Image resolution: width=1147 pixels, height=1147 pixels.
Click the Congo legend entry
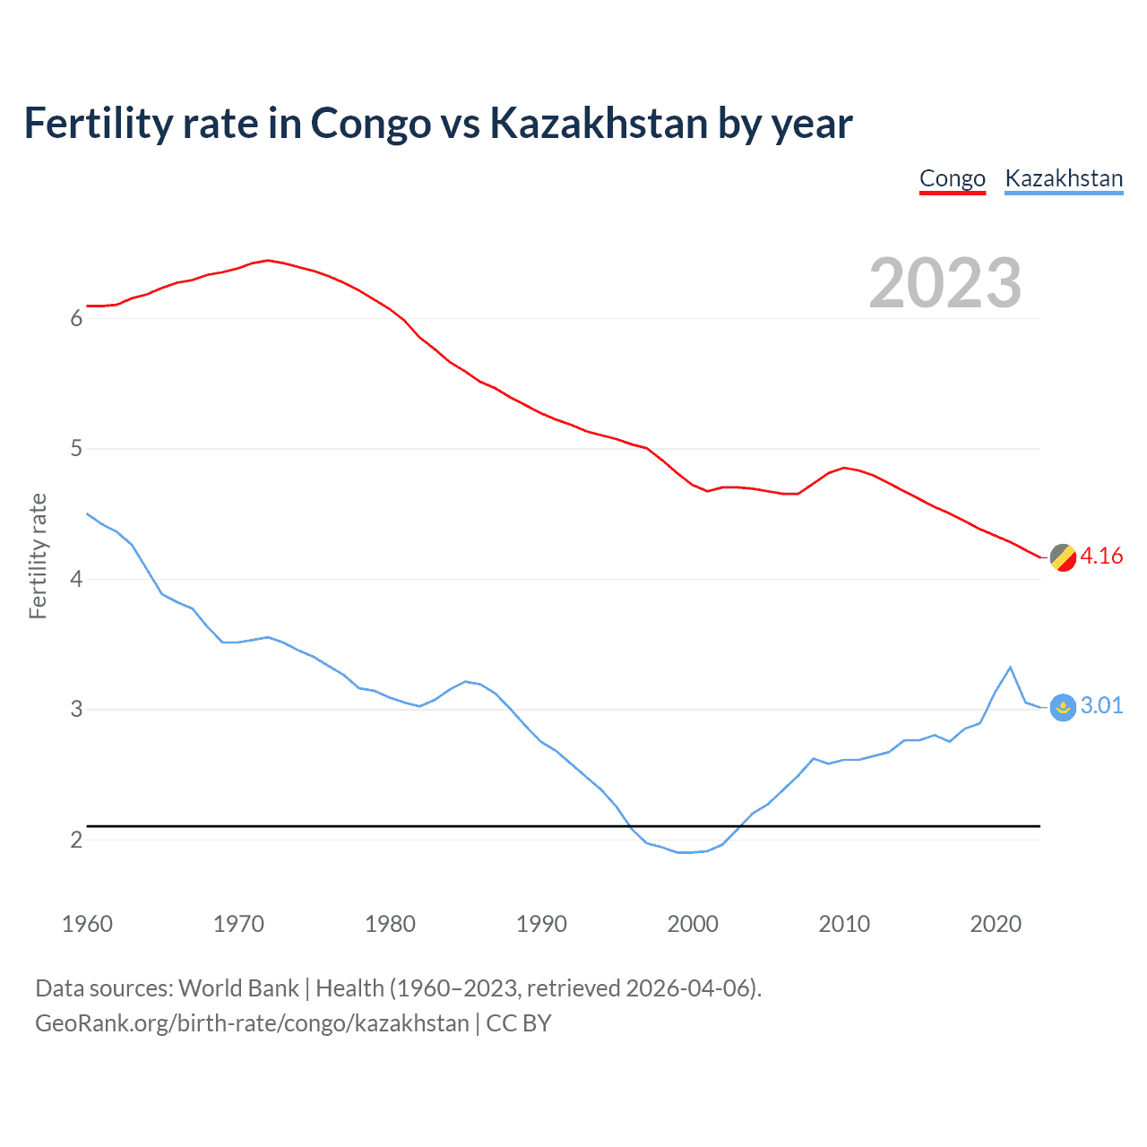(952, 178)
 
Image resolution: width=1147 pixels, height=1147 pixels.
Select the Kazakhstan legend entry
(1064, 178)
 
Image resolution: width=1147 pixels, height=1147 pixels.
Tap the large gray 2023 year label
(944, 283)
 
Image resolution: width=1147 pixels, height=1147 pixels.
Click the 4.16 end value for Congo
(1101, 556)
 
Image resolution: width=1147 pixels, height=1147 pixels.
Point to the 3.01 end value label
(1101, 705)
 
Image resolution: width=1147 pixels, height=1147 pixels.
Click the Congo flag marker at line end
(1063, 557)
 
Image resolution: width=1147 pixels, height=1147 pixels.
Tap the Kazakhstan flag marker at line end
(1063, 707)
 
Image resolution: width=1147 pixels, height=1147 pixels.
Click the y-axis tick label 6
(76, 318)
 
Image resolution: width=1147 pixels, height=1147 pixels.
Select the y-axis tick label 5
(76, 448)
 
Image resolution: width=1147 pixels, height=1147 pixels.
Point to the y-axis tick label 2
(76, 840)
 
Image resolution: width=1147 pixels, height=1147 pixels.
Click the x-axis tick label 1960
(87, 924)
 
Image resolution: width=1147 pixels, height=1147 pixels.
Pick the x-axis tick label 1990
(541, 924)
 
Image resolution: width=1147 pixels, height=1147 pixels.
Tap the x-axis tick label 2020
(996, 924)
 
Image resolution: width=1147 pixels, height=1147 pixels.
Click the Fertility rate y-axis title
(38, 556)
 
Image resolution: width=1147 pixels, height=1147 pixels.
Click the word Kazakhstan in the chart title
(599, 123)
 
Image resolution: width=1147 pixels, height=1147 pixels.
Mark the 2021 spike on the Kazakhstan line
(1010, 668)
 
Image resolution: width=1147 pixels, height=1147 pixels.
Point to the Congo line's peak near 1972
(268, 261)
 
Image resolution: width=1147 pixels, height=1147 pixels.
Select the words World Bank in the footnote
(238, 988)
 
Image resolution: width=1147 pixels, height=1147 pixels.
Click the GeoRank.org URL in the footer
(252, 1023)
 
